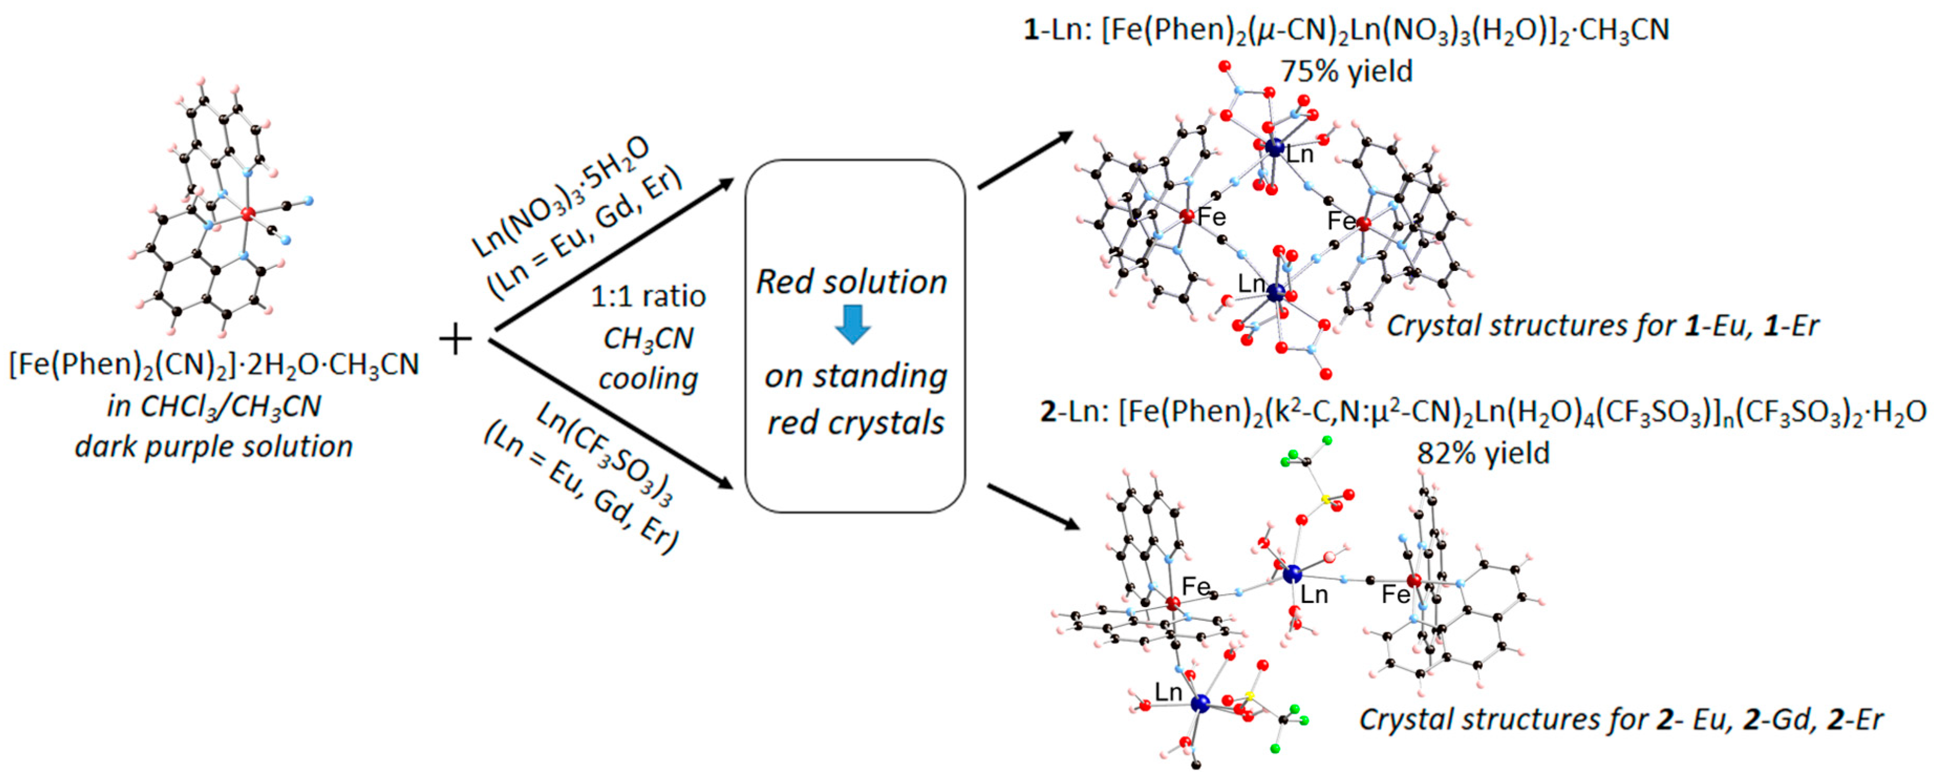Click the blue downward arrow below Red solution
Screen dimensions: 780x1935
point(852,324)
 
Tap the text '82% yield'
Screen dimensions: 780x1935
point(1483,453)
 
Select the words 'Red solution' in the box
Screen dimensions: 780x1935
point(851,282)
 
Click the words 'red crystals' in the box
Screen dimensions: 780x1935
point(855,422)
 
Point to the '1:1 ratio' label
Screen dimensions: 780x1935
point(647,297)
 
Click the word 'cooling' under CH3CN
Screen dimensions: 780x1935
point(647,378)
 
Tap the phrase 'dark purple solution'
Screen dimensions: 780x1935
point(213,447)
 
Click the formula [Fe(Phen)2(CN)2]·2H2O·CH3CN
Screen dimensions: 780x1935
point(213,365)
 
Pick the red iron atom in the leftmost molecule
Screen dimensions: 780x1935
point(248,214)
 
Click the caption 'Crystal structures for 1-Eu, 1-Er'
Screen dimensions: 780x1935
point(1602,326)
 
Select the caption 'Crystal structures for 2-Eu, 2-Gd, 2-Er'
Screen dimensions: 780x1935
point(1621,719)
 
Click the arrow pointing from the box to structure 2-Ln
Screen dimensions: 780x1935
point(1033,507)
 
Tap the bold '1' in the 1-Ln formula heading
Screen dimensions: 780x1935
point(1031,30)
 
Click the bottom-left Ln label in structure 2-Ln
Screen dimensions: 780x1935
point(1168,691)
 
